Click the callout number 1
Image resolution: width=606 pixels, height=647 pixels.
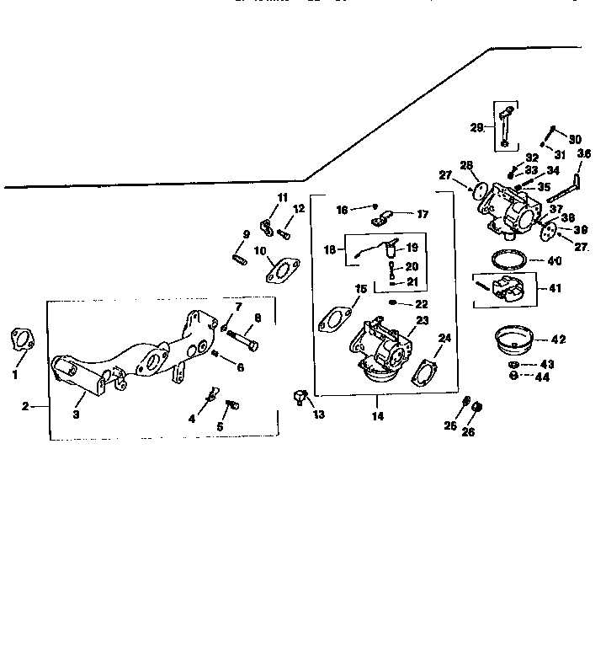pos(14,375)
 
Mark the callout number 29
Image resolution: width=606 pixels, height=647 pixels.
pos(477,128)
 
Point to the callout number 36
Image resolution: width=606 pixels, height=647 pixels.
pos(584,153)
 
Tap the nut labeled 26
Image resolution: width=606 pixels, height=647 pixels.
pos(477,408)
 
